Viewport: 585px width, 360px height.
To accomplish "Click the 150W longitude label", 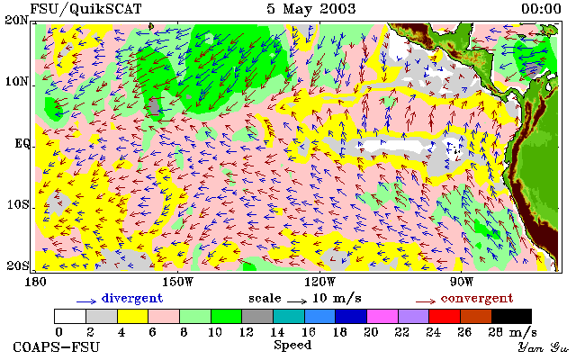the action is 178,282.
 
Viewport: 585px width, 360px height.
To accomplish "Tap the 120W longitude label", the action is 319,282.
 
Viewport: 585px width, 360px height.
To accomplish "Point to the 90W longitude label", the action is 462,282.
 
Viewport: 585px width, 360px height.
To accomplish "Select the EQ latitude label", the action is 22,144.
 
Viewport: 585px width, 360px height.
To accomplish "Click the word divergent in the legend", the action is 132,298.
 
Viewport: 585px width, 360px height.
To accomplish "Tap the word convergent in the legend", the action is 477,299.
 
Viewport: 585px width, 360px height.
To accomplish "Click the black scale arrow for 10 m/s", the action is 297,301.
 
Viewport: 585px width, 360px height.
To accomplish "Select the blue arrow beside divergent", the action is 86,301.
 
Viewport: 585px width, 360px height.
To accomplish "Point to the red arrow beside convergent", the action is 426,301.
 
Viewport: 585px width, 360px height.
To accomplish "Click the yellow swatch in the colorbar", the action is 132,316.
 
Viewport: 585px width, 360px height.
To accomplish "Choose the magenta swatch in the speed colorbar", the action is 382,316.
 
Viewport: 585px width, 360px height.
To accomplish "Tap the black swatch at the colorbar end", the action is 511,316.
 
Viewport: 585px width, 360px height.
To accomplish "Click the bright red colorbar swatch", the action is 445,316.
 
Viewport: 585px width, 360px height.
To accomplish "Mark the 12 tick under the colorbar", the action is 246,331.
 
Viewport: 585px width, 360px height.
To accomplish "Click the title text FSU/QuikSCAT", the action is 85,9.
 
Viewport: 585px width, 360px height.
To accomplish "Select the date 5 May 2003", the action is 311,9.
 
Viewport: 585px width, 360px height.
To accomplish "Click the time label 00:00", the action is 541,9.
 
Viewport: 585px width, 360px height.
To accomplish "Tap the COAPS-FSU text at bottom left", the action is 57,347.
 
